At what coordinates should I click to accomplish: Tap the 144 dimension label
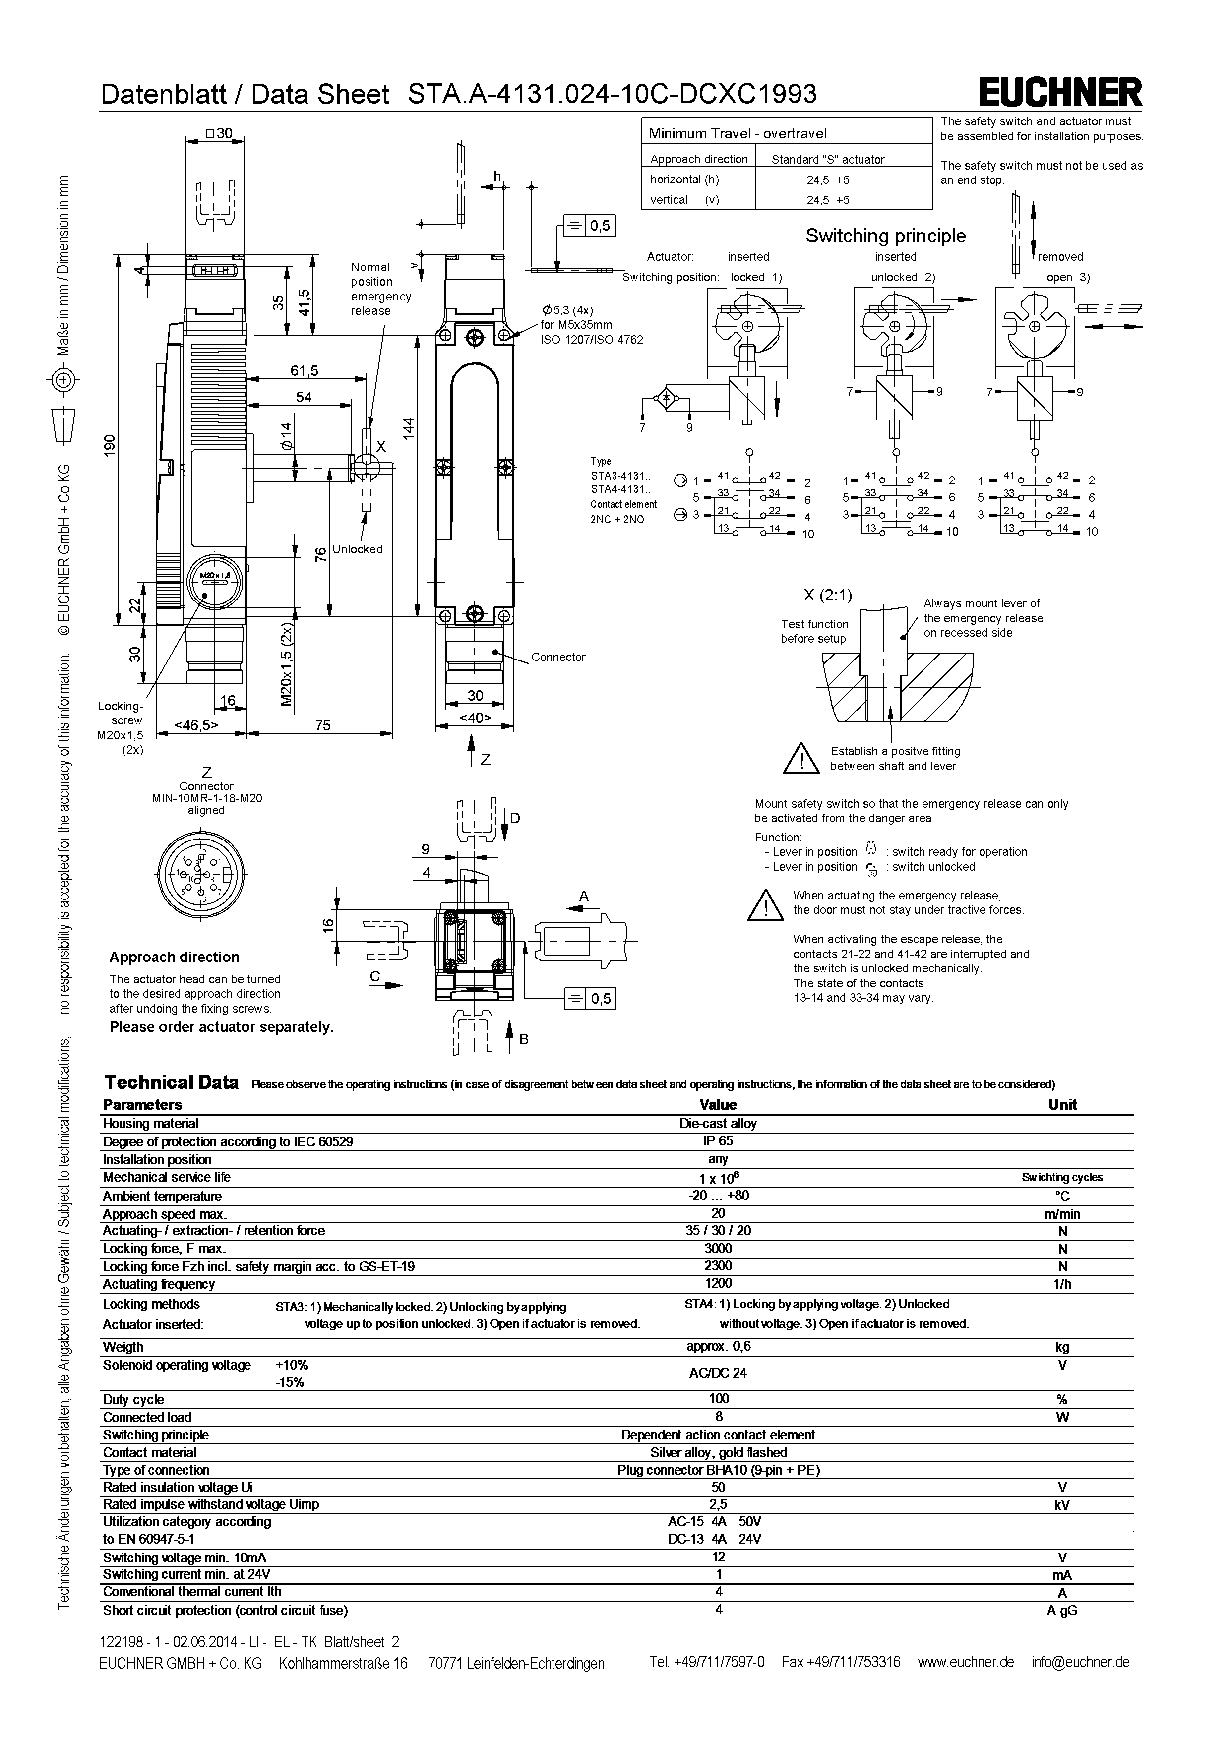tap(409, 429)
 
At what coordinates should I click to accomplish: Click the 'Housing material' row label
tap(151, 1123)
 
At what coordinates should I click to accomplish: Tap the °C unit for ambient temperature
tap(1062, 1197)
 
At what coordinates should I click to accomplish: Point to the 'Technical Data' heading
tap(171, 1082)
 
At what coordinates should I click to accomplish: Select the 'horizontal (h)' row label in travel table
tap(684, 180)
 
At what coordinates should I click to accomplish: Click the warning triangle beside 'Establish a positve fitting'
tap(802, 759)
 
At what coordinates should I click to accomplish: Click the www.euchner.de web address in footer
tap(965, 1662)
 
